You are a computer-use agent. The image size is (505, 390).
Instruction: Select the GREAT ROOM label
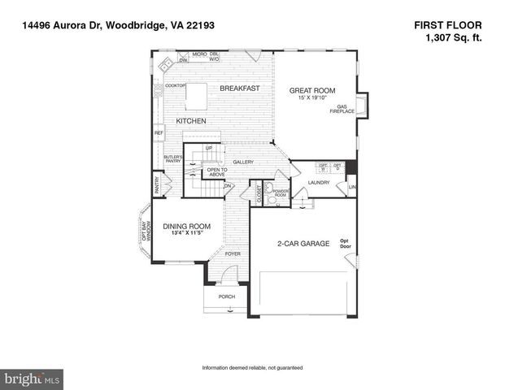(x=312, y=90)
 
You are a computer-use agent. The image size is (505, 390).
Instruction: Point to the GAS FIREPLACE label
(x=346, y=110)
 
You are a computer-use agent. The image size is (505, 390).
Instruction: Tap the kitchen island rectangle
(x=197, y=96)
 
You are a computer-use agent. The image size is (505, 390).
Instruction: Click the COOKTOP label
(x=176, y=85)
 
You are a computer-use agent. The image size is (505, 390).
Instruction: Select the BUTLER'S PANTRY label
(x=172, y=158)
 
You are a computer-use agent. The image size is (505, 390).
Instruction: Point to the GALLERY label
(x=243, y=162)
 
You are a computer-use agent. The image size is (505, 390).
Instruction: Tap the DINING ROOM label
(x=187, y=227)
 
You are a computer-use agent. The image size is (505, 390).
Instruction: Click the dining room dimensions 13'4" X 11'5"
(x=187, y=234)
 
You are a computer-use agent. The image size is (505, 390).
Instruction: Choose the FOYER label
(x=233, y=254)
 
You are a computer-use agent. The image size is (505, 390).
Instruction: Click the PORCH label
(x=227, y=297)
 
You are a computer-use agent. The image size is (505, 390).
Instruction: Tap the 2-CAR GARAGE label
(x=303, y=243)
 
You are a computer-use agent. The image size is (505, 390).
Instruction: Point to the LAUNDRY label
(x=318, y=183)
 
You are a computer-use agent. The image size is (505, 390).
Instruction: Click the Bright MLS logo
(x=33, y=379)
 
